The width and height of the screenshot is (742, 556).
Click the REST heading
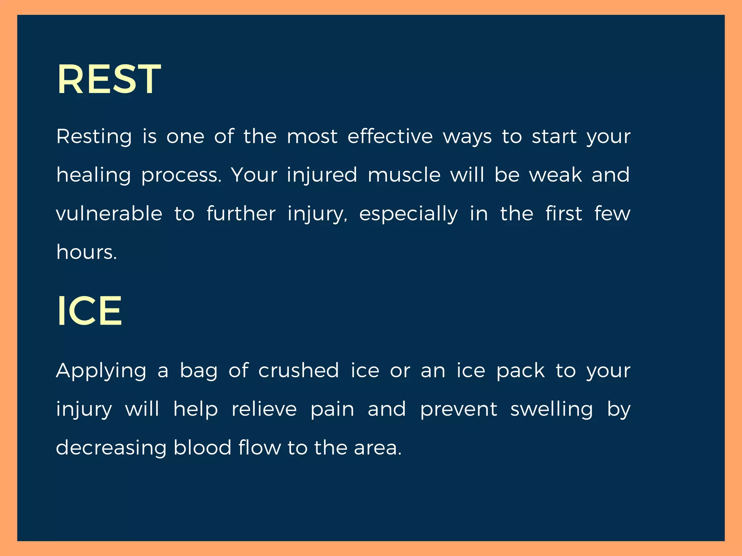point(109,79)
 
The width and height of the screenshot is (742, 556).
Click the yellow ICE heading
point(89,311)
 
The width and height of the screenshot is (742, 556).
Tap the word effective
point(390,136)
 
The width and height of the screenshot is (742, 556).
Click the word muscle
point(404,175)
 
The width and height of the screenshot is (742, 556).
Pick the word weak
point(555,175)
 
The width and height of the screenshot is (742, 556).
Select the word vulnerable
point(109,214)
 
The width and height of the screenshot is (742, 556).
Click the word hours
point(87,252)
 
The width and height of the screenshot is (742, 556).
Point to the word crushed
point(299,370)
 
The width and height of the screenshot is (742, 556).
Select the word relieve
point(264,409)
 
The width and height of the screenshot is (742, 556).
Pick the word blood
point(202,447)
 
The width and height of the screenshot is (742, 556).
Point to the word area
point(378,448)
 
